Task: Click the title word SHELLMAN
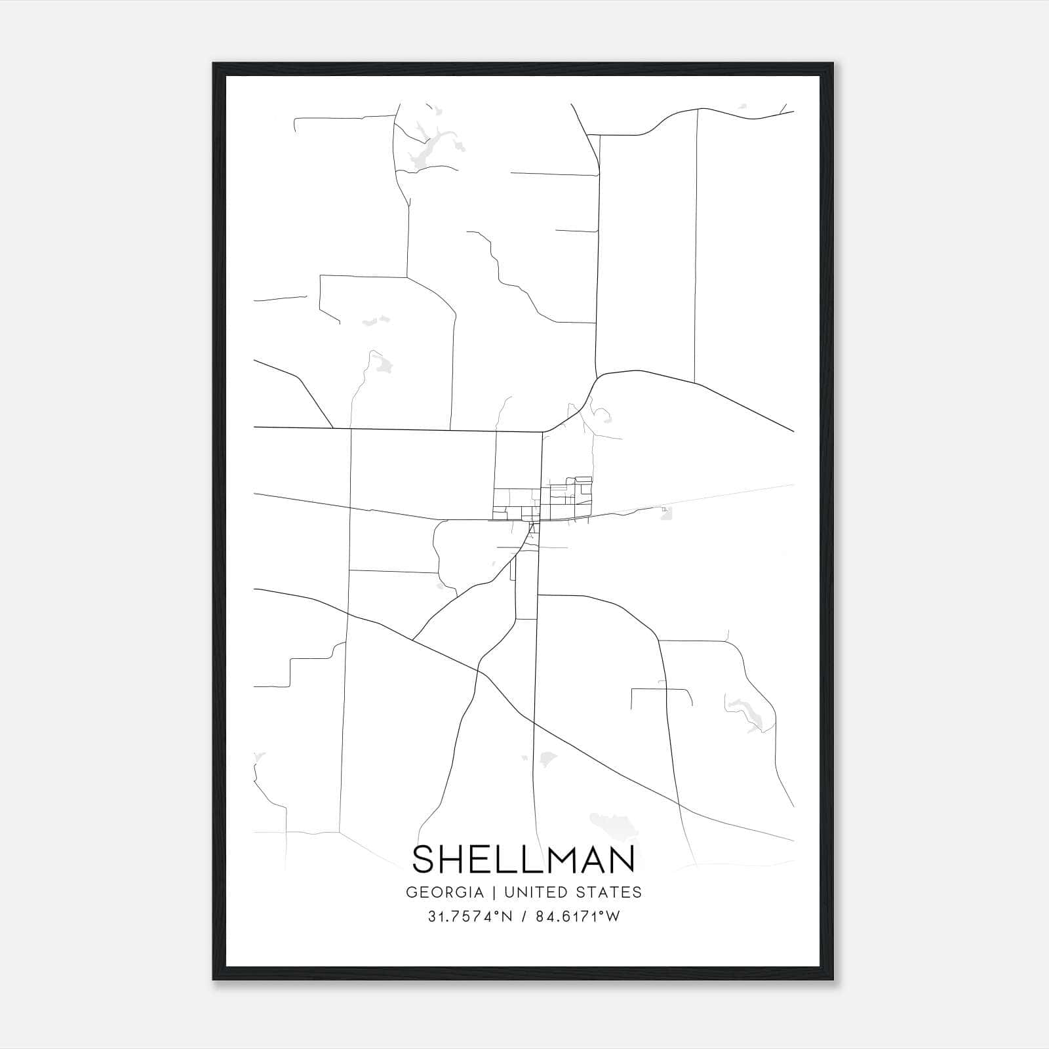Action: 524,859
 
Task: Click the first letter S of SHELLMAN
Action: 424,859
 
